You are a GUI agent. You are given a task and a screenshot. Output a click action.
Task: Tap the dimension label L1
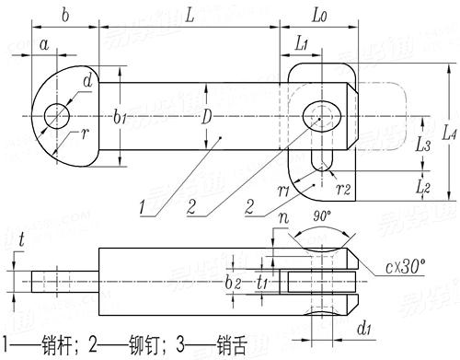point(302,44)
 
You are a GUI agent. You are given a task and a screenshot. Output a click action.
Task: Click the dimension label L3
point(424,145)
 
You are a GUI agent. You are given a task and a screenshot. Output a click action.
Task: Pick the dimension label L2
point(424,185)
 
